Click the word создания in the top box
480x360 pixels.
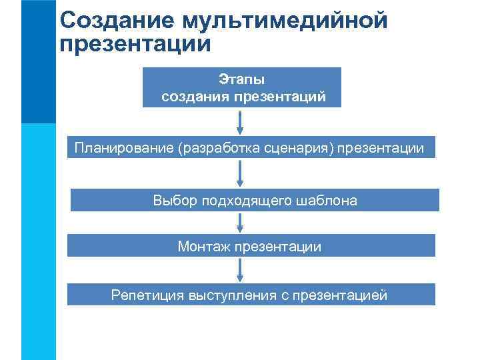coord(194,97)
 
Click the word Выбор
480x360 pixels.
coord(175,201)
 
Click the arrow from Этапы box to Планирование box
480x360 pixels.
coord(241,122)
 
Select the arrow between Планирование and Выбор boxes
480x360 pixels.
coord(241,173)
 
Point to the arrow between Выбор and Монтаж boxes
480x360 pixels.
coord(241,223)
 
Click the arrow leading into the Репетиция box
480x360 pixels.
coord(241,270)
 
